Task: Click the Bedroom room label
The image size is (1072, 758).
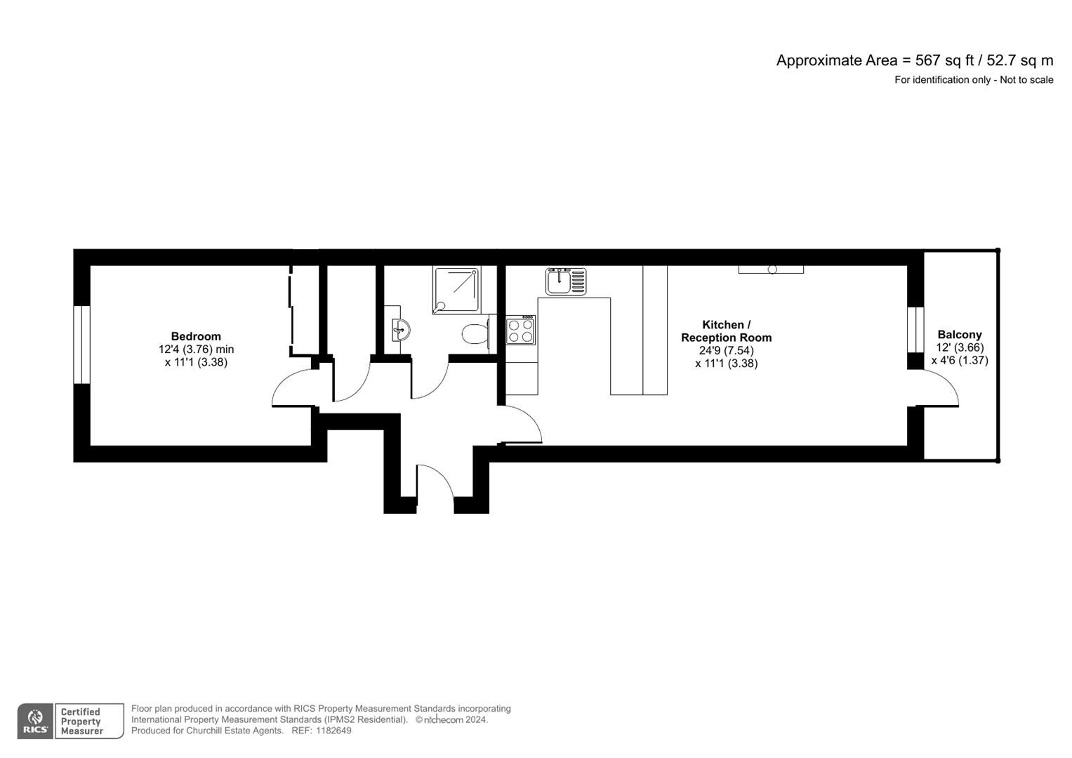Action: [x=196, y=336]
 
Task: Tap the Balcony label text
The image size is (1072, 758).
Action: [x=959, y=335]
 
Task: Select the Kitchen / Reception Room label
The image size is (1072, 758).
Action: [x=726, y=331]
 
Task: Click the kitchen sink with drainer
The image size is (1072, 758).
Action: [x=566, y=281]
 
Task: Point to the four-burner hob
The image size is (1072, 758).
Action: [x=520, y=330]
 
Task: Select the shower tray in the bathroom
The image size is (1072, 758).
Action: [x=457, y=288]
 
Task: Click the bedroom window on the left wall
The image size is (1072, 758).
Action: [x=82, y=345]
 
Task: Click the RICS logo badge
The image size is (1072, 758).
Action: [x=35, y=722]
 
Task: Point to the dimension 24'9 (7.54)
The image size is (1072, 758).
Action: [x=726, y=350]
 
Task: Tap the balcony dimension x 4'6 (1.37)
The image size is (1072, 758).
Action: [x=959, y=360]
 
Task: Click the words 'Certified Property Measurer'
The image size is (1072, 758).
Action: [x=81, y=722]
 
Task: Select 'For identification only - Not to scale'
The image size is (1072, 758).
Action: [x=973, y=80]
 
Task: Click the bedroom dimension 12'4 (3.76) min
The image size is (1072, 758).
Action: [x=196, y=349]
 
